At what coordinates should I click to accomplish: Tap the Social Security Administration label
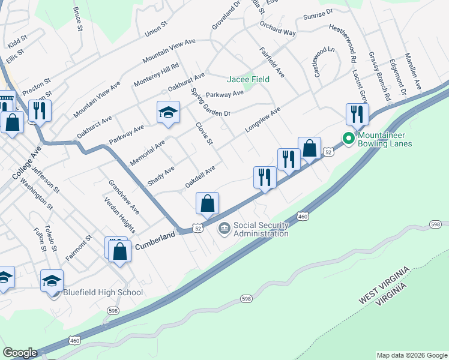pos(261,229)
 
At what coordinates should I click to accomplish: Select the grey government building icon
pos(224,228)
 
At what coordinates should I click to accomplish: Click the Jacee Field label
pos(248,79)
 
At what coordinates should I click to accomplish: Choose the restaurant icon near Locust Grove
pos(357,114)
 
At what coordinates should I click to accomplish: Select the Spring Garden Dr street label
pos(210,102)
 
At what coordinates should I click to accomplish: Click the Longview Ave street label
pos(262,121)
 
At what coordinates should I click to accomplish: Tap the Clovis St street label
pos(205,134)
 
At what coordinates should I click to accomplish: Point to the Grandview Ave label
pos(124,197)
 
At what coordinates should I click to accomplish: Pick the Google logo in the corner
pos(20,353)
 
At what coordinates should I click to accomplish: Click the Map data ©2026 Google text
pos(411,355)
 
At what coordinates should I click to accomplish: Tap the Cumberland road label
pos(154,236)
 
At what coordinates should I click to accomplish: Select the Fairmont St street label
pos(79,248)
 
